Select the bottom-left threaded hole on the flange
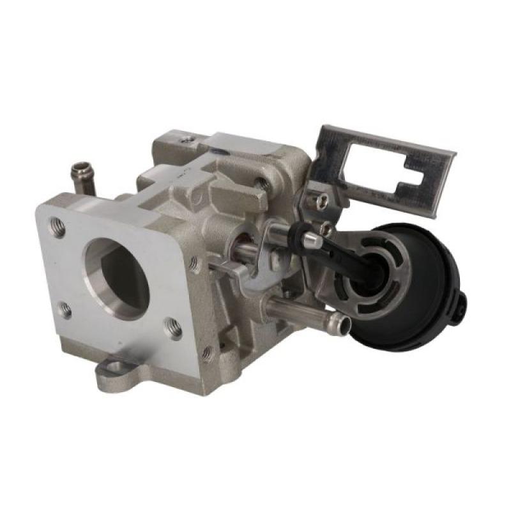[65, 311]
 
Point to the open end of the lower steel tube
[344, 325]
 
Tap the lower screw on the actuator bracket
[326, 229]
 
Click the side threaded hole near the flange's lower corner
[208, 352]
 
